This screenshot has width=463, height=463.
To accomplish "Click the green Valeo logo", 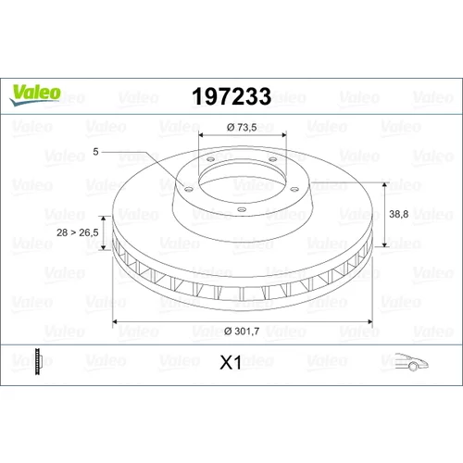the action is pos(35,95).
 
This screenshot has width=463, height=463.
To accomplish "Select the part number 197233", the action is pos(231,96).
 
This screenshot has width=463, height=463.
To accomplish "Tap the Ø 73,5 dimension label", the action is pos(242,127).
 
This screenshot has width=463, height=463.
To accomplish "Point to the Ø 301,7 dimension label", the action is pos(242,332).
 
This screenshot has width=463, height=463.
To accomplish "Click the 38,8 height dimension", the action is pos(398,214).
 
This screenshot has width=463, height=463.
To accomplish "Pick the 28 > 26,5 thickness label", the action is pos(78,232).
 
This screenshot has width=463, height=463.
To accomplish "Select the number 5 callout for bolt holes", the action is pos(95,152).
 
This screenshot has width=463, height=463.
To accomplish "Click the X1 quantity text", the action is pos(231,362).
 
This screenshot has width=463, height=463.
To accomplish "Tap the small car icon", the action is pos(411,361).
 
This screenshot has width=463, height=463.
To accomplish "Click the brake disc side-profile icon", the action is pos(37,361).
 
